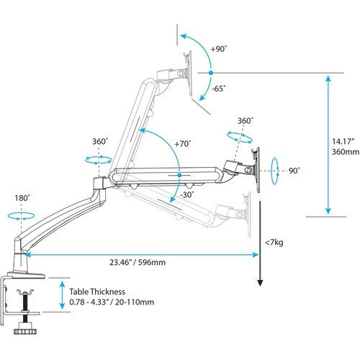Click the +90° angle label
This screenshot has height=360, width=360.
[x=220, y=49]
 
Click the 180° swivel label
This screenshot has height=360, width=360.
[x=22, y=198]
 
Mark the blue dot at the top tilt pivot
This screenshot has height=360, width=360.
[x=209, y=73]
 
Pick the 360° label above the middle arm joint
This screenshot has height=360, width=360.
[x=100, y=142]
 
